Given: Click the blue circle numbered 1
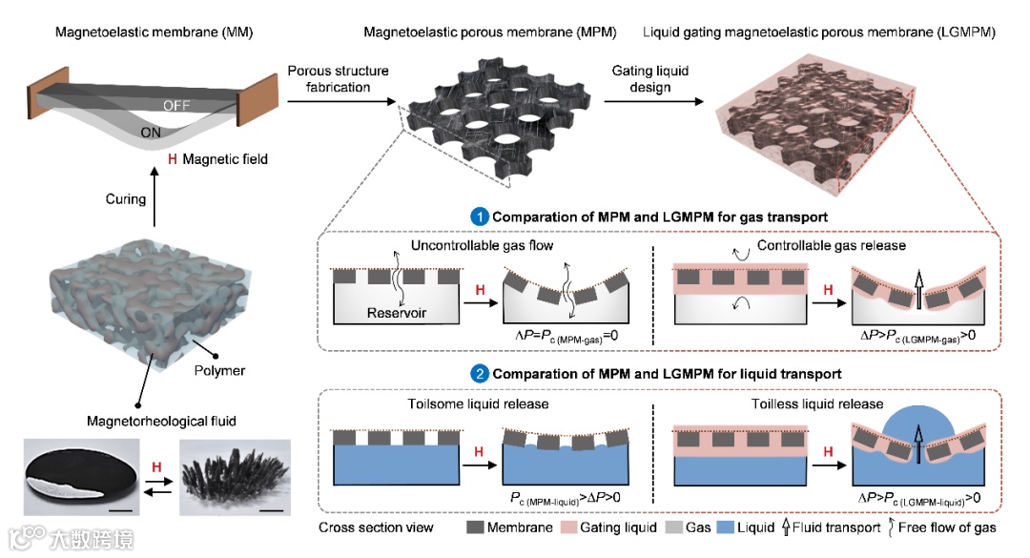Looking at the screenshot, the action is (x=480, y=217).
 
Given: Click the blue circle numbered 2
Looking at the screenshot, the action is (x=480, y=373).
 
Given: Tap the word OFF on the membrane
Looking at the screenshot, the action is (x=176, y=105).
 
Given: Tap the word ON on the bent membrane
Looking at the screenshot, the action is (x=151, y=132).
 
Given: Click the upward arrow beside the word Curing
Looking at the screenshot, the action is (x=154, y=196).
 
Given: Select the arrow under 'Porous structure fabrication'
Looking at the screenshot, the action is (x=341, y=101).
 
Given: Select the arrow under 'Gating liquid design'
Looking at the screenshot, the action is (x=653, y=101).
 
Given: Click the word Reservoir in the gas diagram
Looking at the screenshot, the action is (x=396, y=313).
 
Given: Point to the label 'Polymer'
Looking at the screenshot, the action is (x=219, y=370).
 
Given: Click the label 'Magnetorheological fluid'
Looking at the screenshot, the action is (x=161, y=421).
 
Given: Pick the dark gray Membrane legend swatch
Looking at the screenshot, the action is (x=475, y=527).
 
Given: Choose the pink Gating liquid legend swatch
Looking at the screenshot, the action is (x=568, y=527).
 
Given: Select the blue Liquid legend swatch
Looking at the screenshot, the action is (x=725, y=527).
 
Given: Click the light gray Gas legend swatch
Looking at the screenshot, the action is (x=674, y=527).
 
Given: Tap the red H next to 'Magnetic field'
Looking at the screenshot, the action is (x=172, y=159).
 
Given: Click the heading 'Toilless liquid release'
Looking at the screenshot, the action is (x=817, y=403).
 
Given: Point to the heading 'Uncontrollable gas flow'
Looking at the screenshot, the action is (x=483, y=245).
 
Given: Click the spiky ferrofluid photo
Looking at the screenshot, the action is (x=236, y=477).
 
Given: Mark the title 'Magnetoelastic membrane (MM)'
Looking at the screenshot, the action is (x=154, y=32).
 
